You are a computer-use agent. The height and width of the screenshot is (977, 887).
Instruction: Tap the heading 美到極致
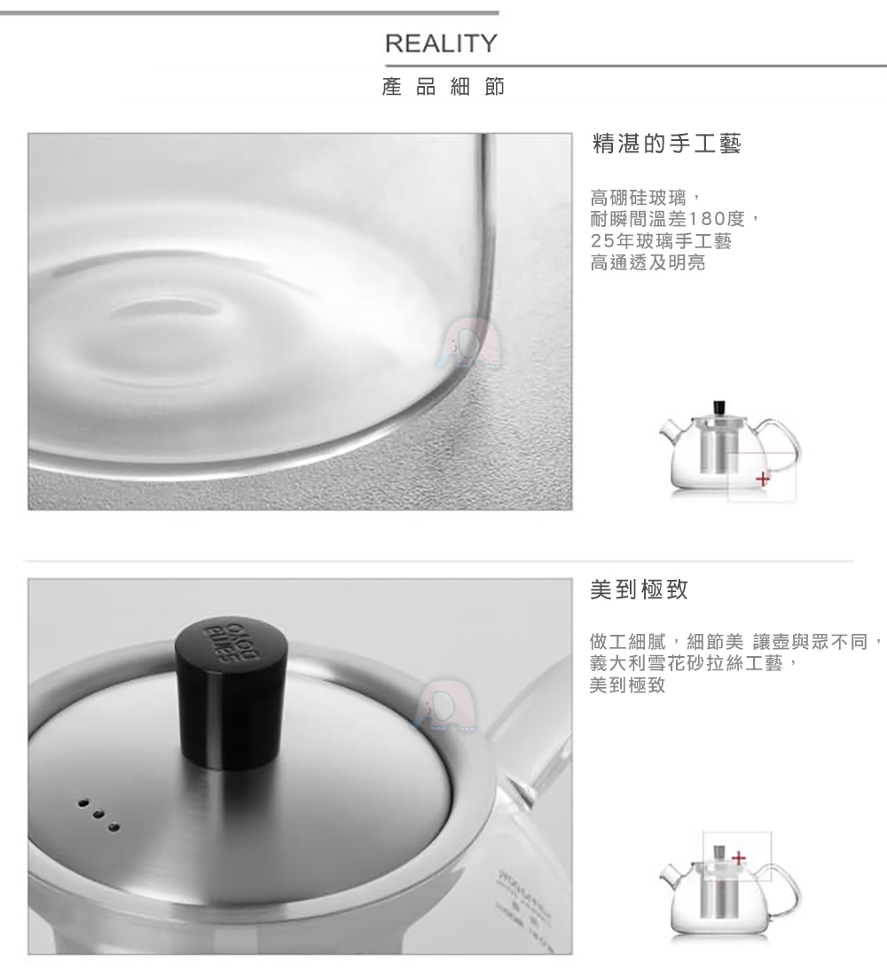(639, 590)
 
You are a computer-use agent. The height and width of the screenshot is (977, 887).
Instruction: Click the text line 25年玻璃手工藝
(661, 239)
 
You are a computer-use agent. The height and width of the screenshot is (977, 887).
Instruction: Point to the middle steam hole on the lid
(97, 813)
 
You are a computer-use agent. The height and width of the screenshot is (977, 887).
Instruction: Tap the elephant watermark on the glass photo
(469, 344)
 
